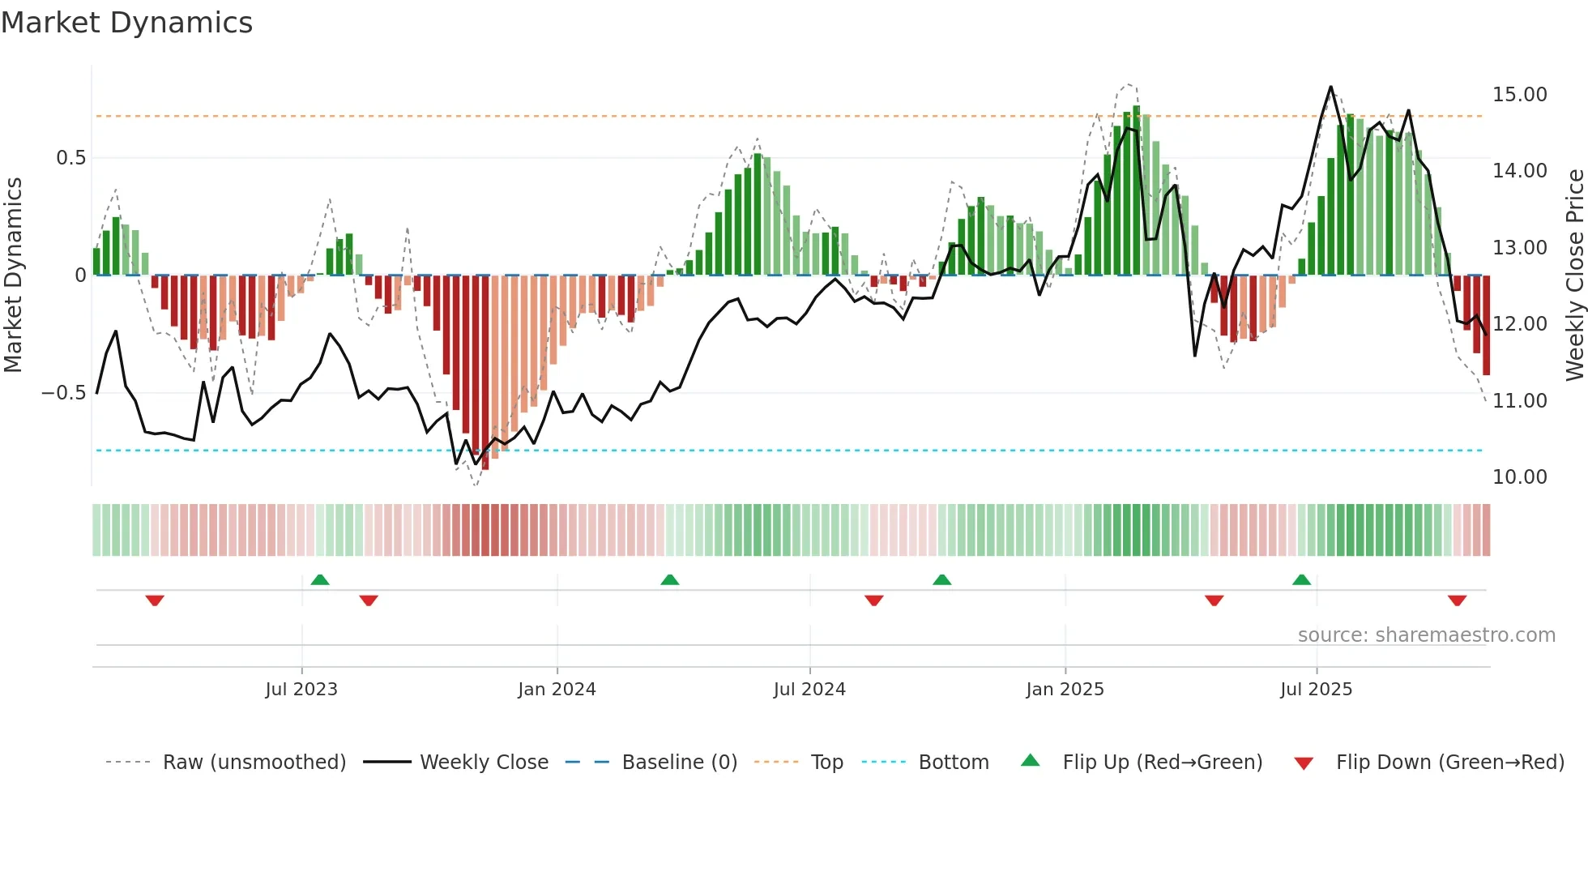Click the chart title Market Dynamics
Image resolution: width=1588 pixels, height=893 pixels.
point(126,23)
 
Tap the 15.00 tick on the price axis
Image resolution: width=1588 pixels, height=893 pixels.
point(1519,95)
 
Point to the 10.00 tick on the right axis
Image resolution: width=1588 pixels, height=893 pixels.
point(1519,477)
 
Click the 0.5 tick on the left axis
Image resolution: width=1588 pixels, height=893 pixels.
point(70,158)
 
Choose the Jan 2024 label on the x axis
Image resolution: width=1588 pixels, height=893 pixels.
point(557,690)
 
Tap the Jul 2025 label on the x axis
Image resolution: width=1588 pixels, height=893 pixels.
point(1316,690)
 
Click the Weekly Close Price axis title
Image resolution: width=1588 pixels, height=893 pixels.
point(1574,276)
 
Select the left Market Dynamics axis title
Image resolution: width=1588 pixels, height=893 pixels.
point(13,276)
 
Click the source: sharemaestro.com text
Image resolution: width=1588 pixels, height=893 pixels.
point(1426,635)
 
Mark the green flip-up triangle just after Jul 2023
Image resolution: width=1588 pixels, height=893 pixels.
point(320,579)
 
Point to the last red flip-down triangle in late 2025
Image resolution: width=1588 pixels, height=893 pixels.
point(1457,600)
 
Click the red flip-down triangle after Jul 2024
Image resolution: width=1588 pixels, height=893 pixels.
point(873,600)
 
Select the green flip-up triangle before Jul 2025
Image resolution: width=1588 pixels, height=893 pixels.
point(1301,579)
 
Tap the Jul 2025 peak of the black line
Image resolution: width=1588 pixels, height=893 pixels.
point(1330,87)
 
